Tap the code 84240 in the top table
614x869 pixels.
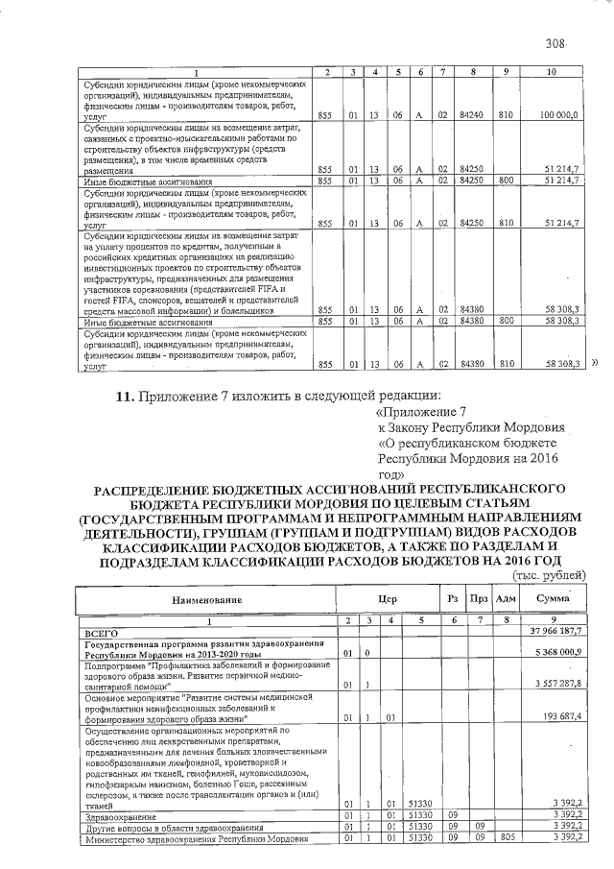470,115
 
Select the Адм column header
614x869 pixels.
504,599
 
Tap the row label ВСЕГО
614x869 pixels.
101,632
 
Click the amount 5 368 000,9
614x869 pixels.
561,653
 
